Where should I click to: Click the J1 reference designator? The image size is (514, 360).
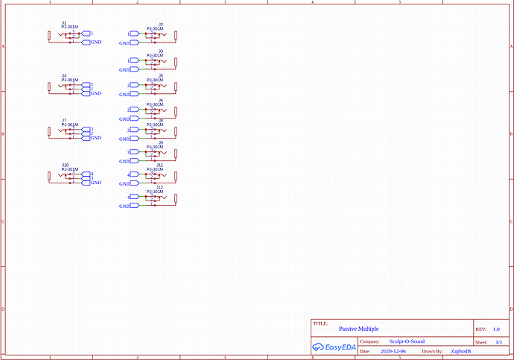coord(64,23)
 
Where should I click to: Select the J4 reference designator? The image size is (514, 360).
coord(64,76)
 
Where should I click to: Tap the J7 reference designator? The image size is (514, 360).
coord(65,120)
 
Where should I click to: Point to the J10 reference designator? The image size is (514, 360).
coord(66,164)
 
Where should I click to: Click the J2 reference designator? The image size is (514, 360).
coord(161,25)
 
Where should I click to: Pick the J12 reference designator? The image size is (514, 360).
coord(159,187)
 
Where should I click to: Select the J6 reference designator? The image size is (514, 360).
coord(161,100)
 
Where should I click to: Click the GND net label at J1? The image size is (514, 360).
coord(96,42)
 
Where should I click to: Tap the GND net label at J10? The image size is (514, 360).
coord(96,183)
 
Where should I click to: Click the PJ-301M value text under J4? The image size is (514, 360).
coord(70,80)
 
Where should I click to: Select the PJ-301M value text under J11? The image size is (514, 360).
coord(156,169)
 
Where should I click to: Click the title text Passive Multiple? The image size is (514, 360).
coord(359,329)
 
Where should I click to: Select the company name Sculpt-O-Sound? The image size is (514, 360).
coord(407,341)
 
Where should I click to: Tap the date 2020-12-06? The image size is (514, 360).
coord(393,350)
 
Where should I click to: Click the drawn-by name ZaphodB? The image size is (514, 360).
coord(461,350)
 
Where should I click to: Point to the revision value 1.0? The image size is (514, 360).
coord(496,329)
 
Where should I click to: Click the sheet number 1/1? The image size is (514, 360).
coord(498,341)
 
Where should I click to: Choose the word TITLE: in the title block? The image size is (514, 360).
coord(321,323)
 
